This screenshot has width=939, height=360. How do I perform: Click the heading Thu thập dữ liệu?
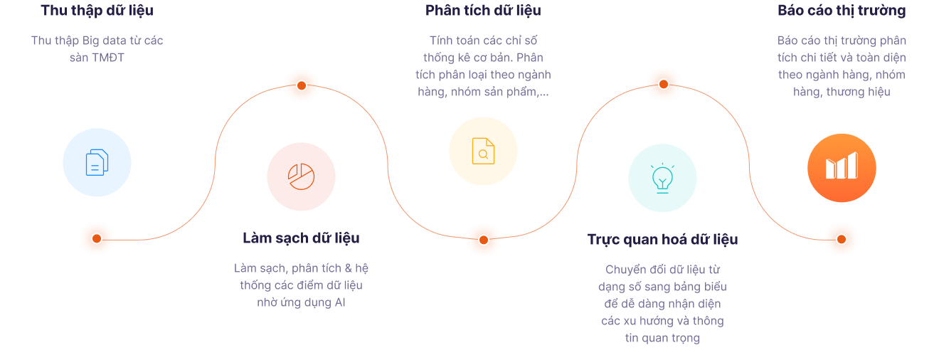point(97,11)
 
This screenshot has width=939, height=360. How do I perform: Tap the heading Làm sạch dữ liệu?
point(301,238)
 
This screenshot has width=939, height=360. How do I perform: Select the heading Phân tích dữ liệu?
point(483,11)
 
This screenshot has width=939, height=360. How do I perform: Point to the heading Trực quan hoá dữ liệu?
point(662,239)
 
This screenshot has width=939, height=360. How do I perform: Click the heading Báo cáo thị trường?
point(842,11)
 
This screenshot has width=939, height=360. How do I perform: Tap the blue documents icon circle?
point(97,162)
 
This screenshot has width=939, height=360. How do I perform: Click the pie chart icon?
point(301,176)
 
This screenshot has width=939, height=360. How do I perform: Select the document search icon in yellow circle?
point(483,151)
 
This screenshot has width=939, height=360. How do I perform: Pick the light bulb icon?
point(662,178)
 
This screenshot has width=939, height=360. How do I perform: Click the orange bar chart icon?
point(842,167)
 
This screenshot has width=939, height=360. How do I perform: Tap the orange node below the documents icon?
point(97,239)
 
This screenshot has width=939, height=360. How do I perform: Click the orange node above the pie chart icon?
point(302,85)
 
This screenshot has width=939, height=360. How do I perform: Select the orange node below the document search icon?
point(484,240)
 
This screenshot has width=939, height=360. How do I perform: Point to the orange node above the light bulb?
point(663,84)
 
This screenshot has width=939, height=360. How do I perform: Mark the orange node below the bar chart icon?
point(842,239)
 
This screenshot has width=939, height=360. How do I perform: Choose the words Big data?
point(102,41)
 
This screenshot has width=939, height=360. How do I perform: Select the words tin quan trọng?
point(662,338)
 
